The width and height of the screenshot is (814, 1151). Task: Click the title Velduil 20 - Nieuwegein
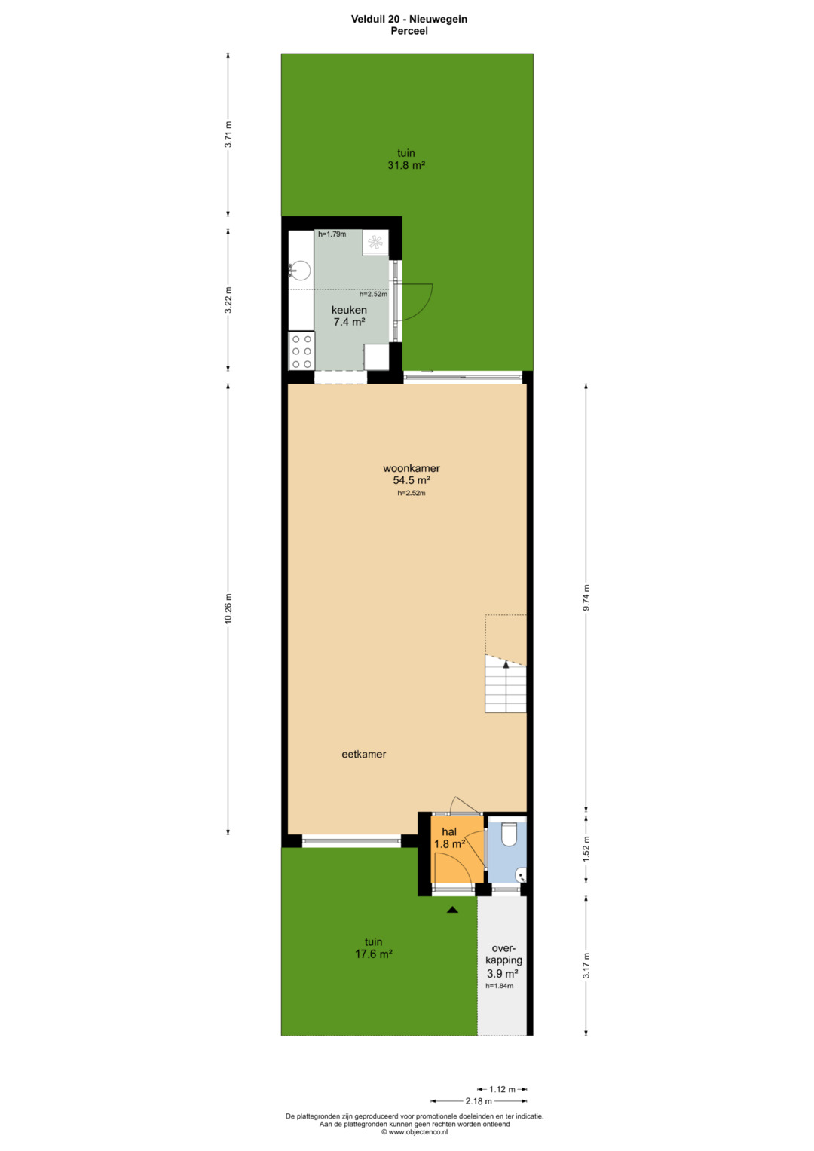409,19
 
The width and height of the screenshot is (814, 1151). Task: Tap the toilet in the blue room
508,834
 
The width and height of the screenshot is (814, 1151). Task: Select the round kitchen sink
300,271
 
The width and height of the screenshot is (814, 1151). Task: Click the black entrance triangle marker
452,910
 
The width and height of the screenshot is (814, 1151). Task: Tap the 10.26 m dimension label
228,608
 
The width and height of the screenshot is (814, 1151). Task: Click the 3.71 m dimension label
228,135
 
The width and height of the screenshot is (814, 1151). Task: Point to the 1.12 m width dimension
502,1089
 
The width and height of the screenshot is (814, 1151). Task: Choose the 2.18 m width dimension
479,1100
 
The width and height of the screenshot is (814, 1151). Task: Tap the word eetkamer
364,755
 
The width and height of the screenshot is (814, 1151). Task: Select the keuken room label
349,310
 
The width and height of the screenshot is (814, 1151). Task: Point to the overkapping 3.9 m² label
503,961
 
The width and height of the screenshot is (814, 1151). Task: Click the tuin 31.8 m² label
406,159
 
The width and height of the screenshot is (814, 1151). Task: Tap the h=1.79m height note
332,234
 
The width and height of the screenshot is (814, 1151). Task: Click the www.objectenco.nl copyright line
415,1131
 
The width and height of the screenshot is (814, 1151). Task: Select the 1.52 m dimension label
586,849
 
